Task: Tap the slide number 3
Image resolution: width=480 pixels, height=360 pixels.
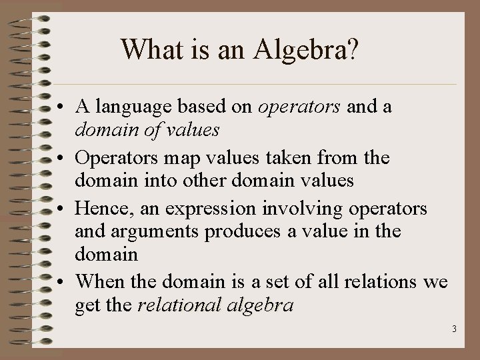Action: [x=453, y=329]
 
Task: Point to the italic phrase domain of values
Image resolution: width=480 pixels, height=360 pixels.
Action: [x=147, y=129]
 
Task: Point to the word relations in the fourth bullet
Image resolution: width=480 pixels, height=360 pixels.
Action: [x=383, y=281]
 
